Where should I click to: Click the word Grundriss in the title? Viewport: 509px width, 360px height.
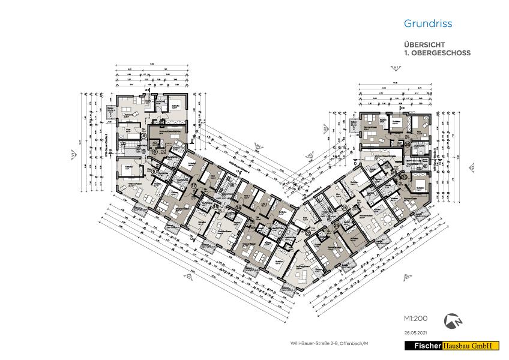(427, 25)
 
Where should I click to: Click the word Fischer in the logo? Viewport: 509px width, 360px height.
(424, 346)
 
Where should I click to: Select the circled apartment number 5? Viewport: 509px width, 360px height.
(155, 152)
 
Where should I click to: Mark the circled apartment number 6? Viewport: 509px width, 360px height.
(154, 172)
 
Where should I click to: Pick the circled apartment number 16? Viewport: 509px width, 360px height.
(215, 208)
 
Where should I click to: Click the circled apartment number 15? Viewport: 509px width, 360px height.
(238, 208)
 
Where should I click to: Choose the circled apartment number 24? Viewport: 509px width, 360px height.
(345, 208)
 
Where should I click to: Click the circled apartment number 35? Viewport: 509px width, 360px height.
(407, 145)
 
